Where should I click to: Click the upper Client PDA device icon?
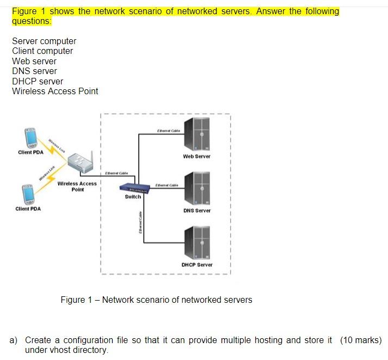[29, 138]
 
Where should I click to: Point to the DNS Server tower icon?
[197, 188]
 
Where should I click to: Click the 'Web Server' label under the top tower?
[197, 156]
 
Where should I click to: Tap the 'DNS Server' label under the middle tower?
[197, 211]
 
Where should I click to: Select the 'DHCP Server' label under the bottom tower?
[197, 265]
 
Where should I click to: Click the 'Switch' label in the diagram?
[133, 197]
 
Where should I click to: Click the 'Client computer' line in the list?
[42, 51]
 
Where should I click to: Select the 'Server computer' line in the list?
[44, 41]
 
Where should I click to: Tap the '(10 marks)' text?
[361, 340]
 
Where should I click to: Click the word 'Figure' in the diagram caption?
[72, 300]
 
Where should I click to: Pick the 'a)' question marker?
[14, 340]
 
